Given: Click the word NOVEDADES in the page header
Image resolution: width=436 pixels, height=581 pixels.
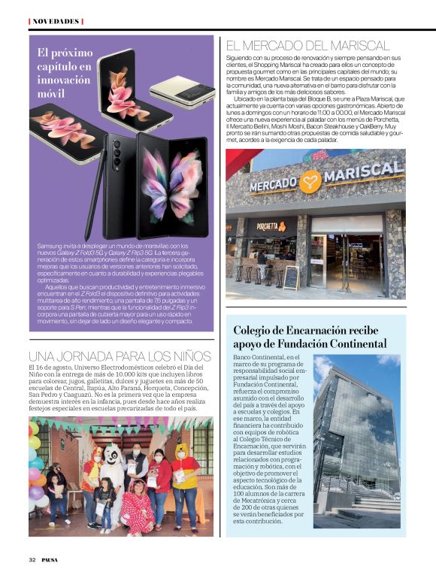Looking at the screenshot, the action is [55, 21].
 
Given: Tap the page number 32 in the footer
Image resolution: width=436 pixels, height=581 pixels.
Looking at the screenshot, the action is [32, 560].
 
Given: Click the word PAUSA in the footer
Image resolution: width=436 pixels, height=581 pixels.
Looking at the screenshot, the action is [50, 560].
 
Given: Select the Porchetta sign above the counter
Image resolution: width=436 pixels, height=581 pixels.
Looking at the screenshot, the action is [271, 225].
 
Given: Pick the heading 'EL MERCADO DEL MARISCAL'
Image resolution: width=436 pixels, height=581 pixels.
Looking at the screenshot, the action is [307, 46].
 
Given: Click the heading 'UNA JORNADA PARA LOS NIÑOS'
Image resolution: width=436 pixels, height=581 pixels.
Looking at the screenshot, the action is [120, 356].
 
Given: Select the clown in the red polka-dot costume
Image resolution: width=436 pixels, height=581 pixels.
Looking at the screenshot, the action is [138, 507].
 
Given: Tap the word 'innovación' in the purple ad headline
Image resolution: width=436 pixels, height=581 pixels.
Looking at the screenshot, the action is [64, 80].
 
